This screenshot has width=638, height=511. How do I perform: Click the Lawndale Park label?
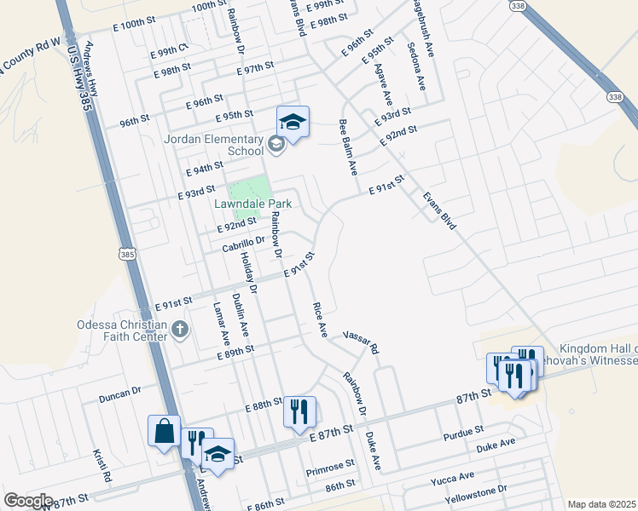tap(253, 204)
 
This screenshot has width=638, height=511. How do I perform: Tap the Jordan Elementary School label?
tap(213, 145)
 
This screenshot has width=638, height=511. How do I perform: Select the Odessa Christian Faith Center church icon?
tap(179, 329)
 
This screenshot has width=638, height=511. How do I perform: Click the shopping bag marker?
tap(163, 431)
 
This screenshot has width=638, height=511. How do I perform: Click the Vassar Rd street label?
tap(361, 342)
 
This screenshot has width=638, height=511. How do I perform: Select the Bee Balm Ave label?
tap(348, 147)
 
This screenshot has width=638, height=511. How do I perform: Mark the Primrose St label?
tap(330, 467)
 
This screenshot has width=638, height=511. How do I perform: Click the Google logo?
tap(28, 501)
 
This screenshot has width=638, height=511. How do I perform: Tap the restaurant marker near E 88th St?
tap(299, 412)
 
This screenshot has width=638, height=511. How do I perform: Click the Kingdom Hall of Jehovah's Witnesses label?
tap(598, 355)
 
